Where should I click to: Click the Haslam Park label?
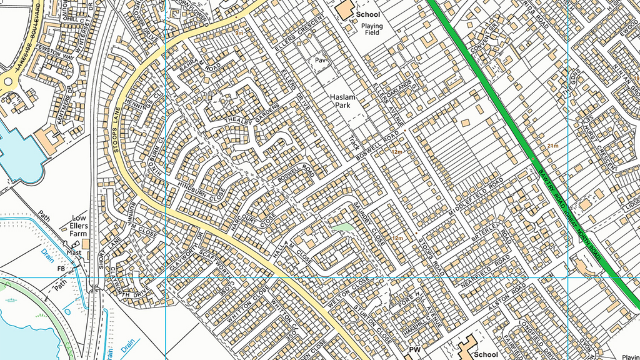[x=343, y=101]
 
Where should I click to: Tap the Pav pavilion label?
[x=320, y=61]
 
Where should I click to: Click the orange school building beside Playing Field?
[x=343, y=11]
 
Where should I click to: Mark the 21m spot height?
[x=552, y=146]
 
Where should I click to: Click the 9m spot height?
[x=239, y=32]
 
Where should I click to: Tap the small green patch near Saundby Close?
[x=341, y=228]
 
